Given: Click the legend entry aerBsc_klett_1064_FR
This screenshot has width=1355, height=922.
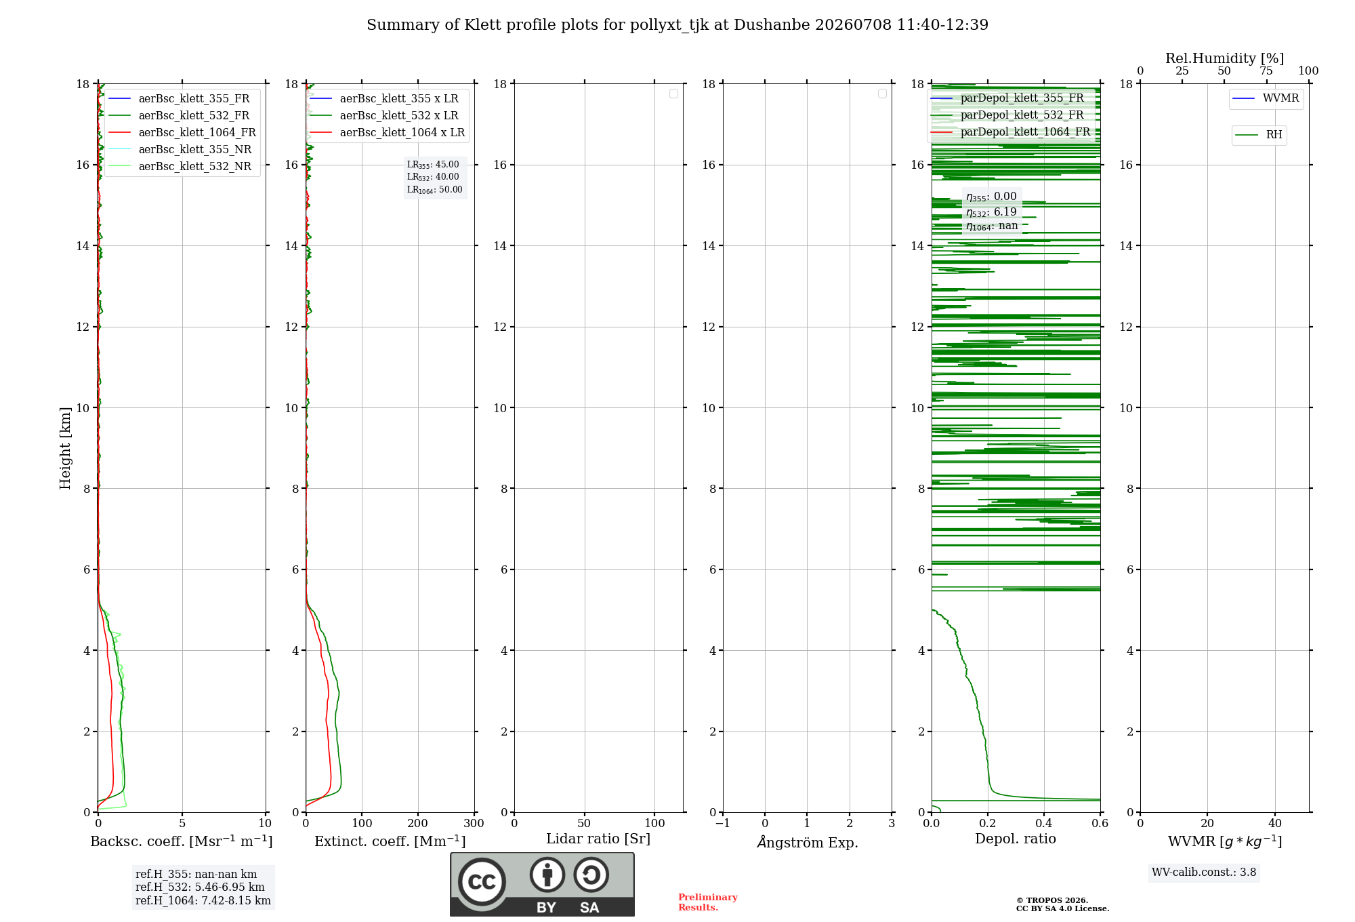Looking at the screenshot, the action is point(182,132).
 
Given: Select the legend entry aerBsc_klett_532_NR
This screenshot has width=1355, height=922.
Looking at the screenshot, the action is point(180,166).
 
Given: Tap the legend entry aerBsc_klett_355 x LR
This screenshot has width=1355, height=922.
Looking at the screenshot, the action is point(383,98).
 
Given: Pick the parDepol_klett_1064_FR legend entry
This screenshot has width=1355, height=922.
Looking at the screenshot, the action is point(1010,132).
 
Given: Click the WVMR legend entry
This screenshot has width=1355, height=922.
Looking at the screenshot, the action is point(1266,98).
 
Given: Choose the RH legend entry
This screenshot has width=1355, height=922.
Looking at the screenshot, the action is point(1259,135).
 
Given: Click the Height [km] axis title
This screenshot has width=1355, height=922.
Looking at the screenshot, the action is point(65,448).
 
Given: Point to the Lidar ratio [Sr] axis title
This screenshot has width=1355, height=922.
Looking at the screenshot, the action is point(598,839).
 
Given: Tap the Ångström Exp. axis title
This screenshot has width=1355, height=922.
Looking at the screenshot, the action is point(808,841).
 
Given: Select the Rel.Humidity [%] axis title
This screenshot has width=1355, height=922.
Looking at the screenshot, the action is point(1224,58).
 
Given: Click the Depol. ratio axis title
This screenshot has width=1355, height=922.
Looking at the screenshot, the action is point(1016,839).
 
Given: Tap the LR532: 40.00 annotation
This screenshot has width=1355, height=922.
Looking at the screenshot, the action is point(433,177).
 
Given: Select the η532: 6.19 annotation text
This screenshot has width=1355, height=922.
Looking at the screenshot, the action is point(991,212).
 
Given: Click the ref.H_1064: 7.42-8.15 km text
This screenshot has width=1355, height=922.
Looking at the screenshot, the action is point(203,900).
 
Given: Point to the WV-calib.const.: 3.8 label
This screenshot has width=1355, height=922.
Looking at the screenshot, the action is point(1204,872).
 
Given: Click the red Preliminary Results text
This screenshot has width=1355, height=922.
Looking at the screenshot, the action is point(708,902).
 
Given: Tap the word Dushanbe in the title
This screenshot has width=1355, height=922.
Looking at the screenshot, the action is point(772,24).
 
